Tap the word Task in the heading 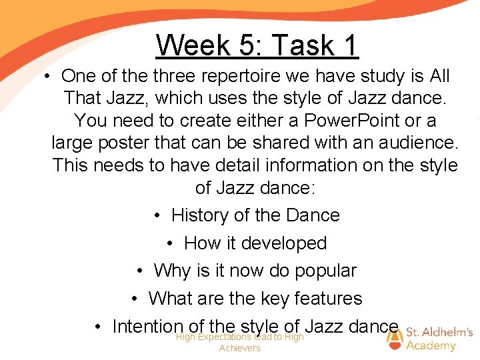(x=299, y=45)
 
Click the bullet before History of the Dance (x=156, y=216)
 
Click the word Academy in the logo (x=431, y=345)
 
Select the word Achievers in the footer (x=239, y=348)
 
